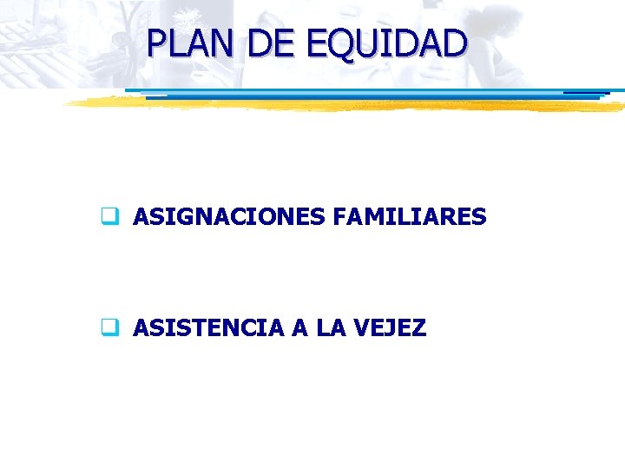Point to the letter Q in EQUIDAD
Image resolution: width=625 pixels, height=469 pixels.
(335, 45)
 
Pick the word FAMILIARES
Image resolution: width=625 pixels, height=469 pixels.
(410, 216)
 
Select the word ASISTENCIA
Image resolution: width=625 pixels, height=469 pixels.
(208, 328)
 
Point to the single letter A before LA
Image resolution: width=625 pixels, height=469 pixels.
(299, 328)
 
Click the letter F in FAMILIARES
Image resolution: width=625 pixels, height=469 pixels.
(339, 216)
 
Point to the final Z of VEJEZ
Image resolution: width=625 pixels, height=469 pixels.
(418, 328)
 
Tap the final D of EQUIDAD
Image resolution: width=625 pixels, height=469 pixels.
(454, 43)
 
